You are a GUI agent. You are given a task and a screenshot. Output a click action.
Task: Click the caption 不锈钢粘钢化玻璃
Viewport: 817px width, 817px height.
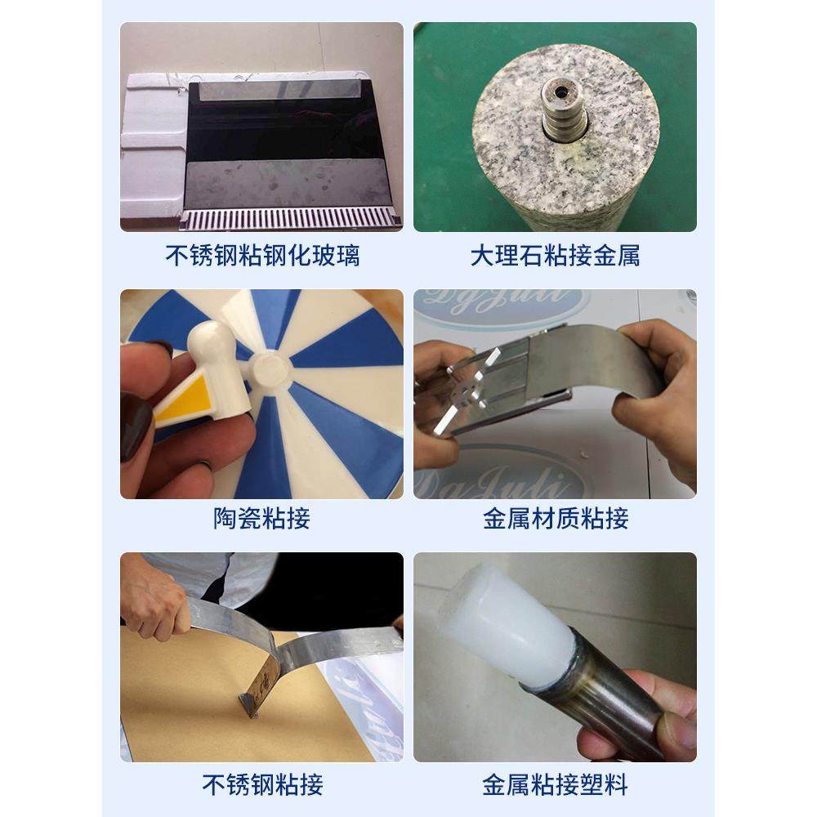pyautogui.click(x=262, y=257)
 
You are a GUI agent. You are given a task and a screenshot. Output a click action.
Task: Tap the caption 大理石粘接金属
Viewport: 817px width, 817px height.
pyautogui.click(x=555, y=257)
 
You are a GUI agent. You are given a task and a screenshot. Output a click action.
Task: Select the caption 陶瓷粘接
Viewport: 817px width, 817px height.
pyautogui.click(x=262, y=519)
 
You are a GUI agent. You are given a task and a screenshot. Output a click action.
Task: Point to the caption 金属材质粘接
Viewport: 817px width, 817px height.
pyautogui.click(x=555, y=519)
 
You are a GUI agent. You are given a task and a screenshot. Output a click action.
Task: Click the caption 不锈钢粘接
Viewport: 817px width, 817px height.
pyautogui.click(x=262, y=785)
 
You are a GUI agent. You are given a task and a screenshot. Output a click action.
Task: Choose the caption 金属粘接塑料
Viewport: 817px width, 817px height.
pyautogui.click(x=555, y=785)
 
